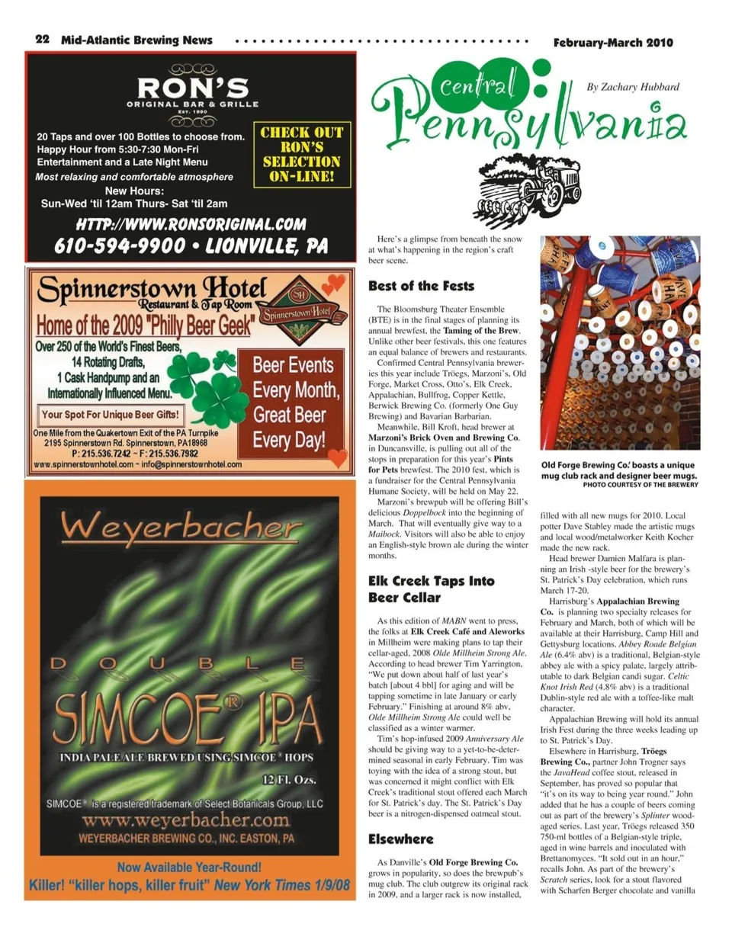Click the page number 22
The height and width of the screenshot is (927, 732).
click(x=42, y=40)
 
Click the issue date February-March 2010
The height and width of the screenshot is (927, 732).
click(x=613, y=43)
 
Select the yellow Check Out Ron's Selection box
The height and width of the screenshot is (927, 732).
click(x=301, y=155)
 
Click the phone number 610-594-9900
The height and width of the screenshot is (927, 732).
click(x=120, y=245)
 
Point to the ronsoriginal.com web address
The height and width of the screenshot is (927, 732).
click(x=191, y=225)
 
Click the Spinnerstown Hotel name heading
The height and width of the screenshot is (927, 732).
click(x=152, y=290)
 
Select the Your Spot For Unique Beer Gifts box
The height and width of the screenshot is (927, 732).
click(x=111, y=415)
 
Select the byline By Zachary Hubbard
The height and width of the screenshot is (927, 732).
click(x=632, y=87)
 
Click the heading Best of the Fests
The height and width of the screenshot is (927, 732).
click(x=421, y=286)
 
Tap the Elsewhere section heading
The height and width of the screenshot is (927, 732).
click(x=400, y=839)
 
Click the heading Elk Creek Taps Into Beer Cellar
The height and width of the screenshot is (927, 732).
click(x=430, y=589)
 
